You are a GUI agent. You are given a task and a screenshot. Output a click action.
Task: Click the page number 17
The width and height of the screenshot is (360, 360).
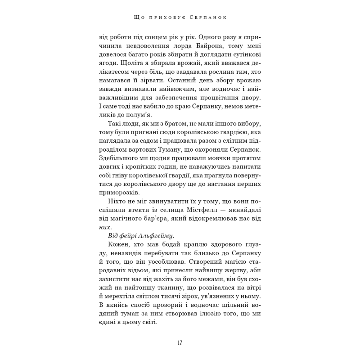tap(180, 342)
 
